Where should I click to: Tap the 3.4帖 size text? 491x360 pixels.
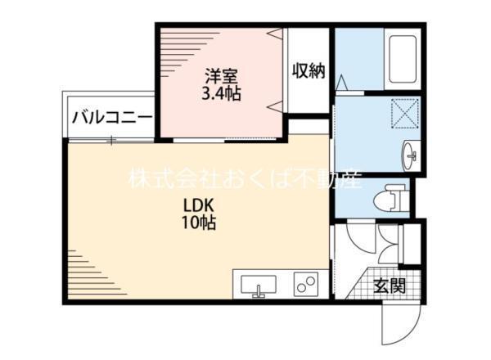(x=222, y=93)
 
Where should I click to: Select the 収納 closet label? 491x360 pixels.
(x=309, y=71)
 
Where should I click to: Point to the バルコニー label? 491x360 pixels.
(x=112, y=117)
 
